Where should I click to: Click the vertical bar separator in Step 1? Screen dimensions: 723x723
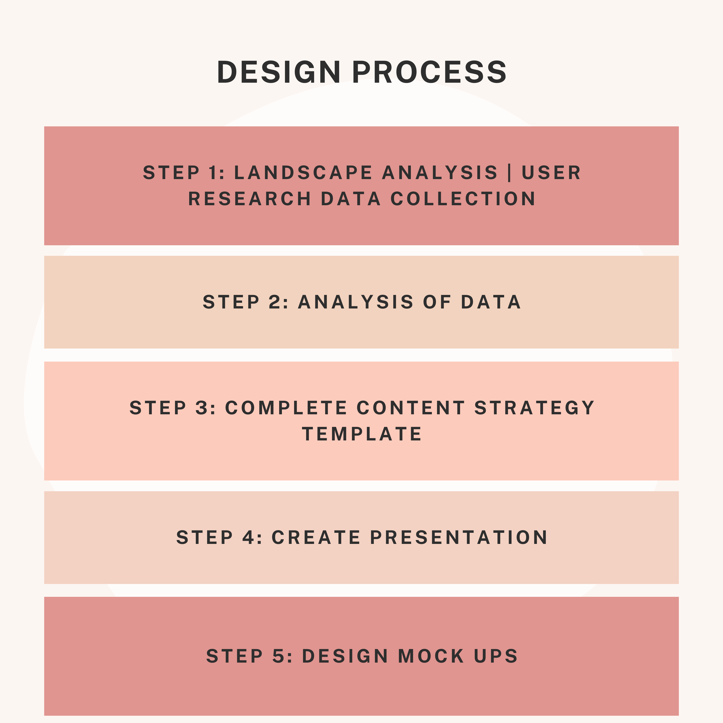510,173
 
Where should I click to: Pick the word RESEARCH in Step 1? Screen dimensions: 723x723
250,199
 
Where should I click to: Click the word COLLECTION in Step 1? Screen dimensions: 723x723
463,199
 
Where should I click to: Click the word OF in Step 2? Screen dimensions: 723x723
437,302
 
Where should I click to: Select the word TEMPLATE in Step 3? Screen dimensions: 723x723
362,434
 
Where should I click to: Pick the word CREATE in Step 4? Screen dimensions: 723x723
316,537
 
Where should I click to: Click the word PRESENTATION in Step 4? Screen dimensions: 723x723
459,537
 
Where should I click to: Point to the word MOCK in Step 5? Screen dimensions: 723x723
431,656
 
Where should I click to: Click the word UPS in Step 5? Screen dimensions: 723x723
496,656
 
